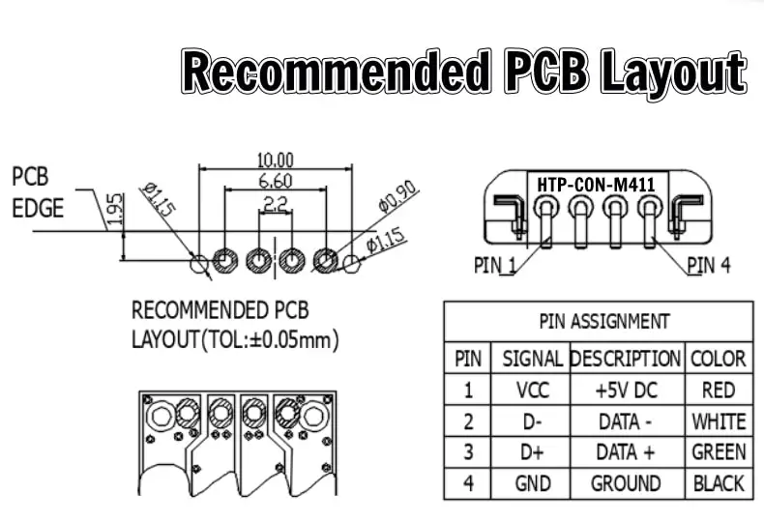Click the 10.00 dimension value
(x=275, y=159)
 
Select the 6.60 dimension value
(x=276, y=181)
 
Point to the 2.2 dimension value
(x=276, y=204)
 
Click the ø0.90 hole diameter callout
(x=397, y=197)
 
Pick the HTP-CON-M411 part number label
(x=597, y=183)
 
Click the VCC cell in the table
(x=534, y=391)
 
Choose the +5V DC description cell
(x=626, y=391)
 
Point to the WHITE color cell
(x=719, y=421)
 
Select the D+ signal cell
(x=533, y=452)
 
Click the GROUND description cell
(x=626, y=483)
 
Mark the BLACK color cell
(x=719, y=483)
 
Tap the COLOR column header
(x=719, y=359)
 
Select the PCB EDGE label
(x=38, y=192)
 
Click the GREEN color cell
(x=719, y=452)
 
